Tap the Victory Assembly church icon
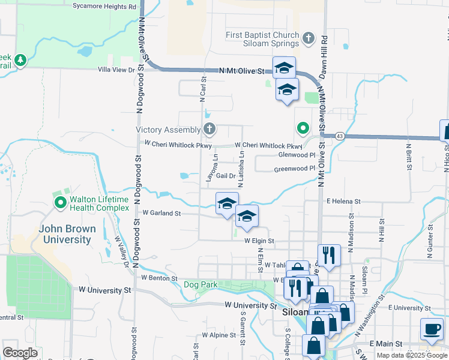click(x=209, y=129)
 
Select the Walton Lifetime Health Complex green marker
click(x=60, y=203)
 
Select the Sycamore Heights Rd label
click(x=104, y=7)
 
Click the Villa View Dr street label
click(x=117, y=70)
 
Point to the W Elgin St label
click(x=259, y=241)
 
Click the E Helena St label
click(x=343, y=202)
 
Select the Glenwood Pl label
click(x=297, y=155)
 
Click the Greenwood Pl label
click(x=295, y=169)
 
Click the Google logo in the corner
click(x=20, y=353)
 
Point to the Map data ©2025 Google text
click(x=412, y=355)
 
